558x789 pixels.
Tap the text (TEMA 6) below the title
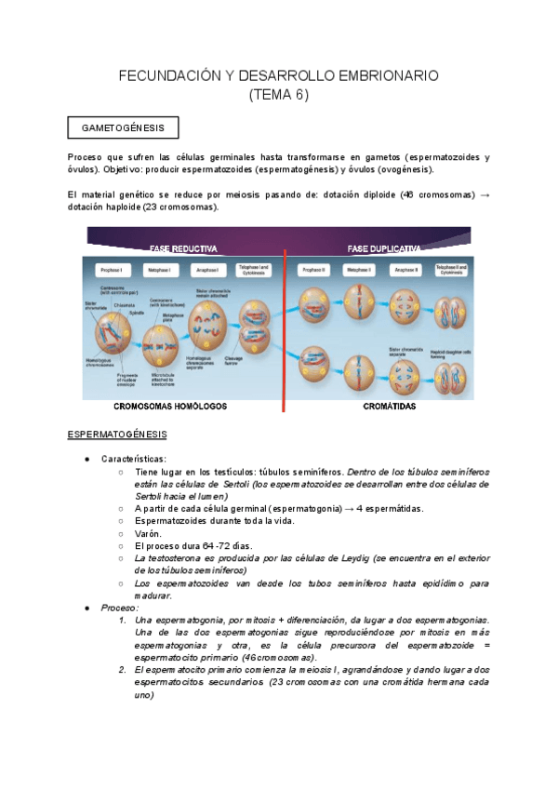279,95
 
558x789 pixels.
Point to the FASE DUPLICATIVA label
383,249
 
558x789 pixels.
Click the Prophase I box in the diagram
109,270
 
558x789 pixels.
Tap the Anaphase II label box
405,270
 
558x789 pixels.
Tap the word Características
134,459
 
